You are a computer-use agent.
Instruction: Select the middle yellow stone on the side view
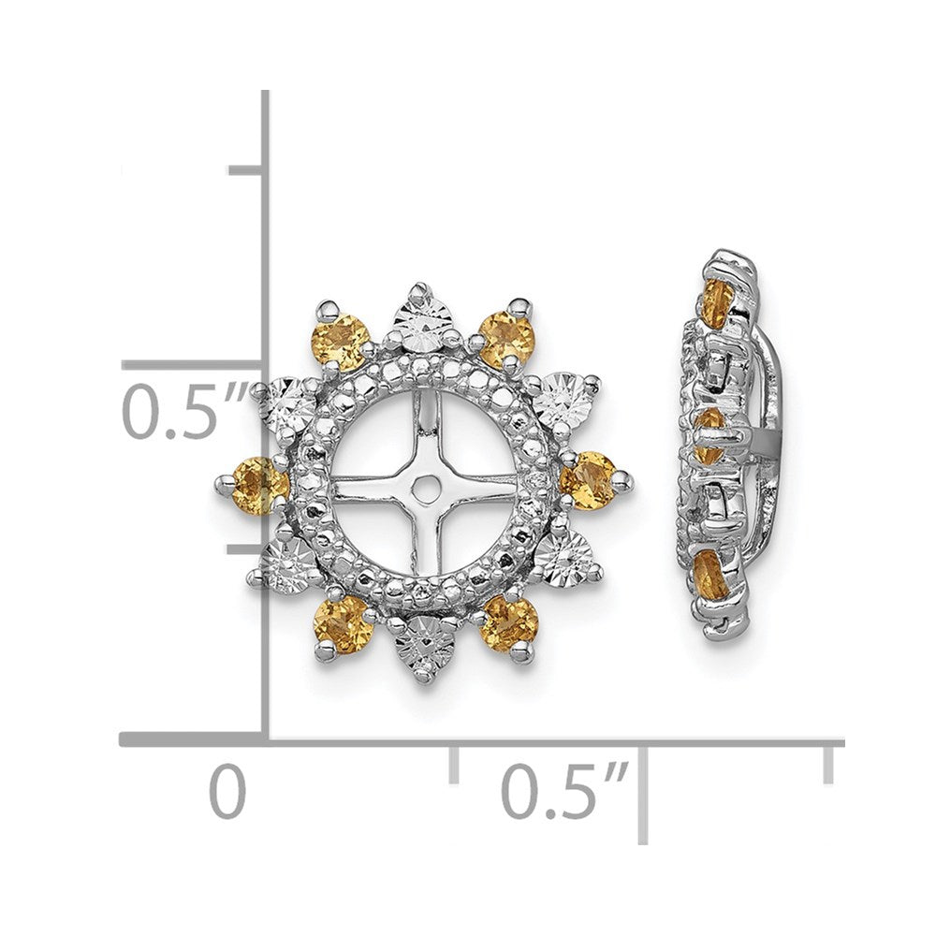pos(711,432)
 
